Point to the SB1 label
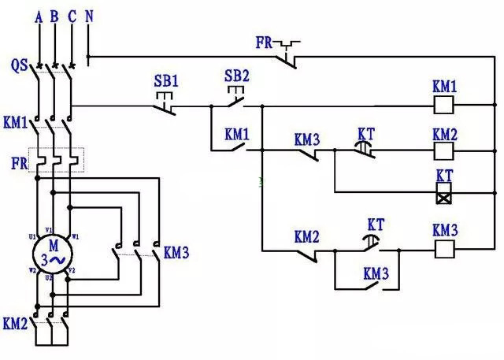165,80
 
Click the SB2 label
236,76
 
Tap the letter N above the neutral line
88,17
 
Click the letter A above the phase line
39,17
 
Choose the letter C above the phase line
72,17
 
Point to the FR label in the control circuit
265,41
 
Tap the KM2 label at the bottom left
15,323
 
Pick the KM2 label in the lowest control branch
307,236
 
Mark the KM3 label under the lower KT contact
376,273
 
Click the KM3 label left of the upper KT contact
307,139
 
